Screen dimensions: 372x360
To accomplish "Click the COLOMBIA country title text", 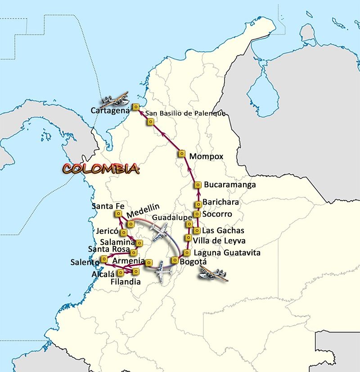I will coord(101,169).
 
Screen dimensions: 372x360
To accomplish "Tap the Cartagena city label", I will coord(110,110).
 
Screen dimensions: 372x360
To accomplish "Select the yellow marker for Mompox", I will coord(182,154).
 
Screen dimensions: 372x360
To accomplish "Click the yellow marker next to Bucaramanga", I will coord(198,185).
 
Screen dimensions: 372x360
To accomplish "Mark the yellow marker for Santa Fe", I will coord(118,213).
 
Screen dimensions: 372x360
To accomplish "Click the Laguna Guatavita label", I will coord(226,253).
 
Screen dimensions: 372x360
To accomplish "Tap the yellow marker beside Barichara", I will coord(197,204).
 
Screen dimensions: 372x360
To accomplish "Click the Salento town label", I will coord(85,262).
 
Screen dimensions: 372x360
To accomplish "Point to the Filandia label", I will coord(126,282).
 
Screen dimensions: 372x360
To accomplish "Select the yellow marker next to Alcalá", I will coord(121,272).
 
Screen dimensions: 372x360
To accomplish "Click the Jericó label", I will coord(107,231).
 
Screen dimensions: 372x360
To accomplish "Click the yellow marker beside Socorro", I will coord(197,214).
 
